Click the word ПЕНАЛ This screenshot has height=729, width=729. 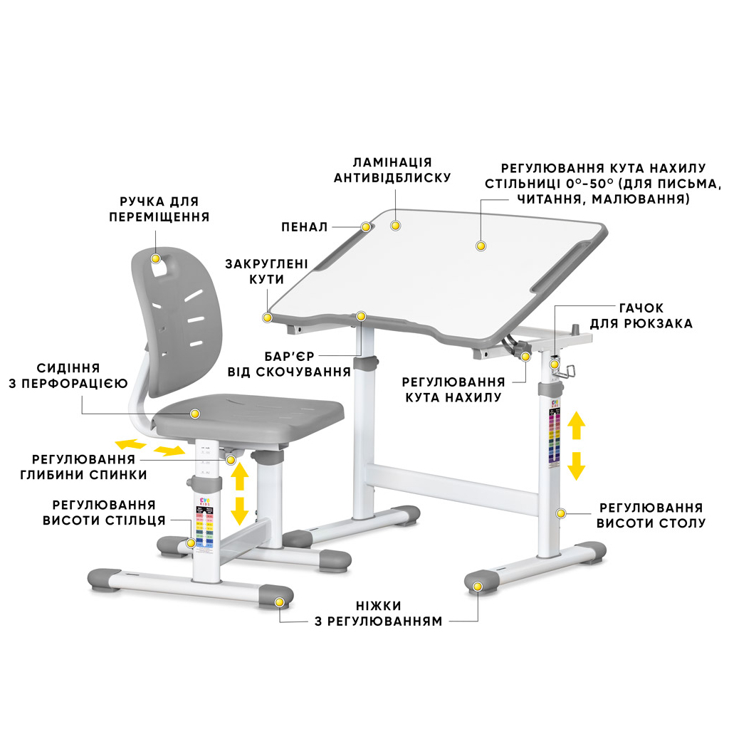(305, 227)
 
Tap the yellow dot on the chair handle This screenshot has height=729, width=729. (156, 258)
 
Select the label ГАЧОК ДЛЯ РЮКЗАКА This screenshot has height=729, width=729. (641, 315)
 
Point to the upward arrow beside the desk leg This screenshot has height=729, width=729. (577, 426)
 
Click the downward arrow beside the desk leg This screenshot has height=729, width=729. (577, 466)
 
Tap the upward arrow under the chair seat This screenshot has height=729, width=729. (239, 476)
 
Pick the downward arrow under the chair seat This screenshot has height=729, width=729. (239, 511)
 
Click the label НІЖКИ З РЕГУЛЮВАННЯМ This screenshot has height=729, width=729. (379, 613)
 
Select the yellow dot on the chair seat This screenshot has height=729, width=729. (195, 414)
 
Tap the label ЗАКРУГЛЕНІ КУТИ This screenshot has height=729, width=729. (266, 271)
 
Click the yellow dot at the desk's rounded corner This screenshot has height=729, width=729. (268, 318)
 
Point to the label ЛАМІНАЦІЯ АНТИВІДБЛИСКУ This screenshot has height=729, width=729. (392, 169)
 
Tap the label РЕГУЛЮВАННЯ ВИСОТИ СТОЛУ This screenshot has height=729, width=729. (651, 515)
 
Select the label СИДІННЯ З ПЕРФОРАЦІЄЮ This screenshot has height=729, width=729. (68, 376)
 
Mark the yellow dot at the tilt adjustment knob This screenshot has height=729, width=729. (526, 357)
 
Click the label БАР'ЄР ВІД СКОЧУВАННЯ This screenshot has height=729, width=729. (289, 364)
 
